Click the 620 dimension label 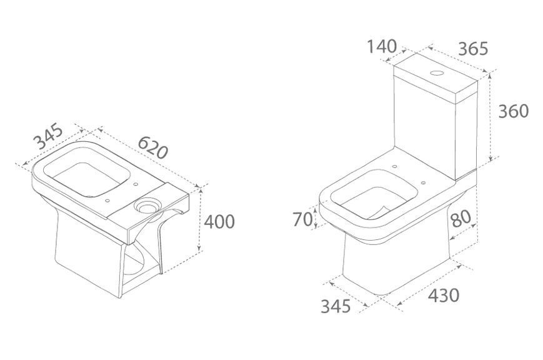tap(153, 147)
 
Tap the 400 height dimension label tap(219, 222)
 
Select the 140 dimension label tap(382, 47)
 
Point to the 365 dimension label tap(473, 49)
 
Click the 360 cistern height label tap(514, 111)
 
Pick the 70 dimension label tap(303, 219)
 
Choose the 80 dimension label tap(461, 219)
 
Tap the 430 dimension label tap(444, 296)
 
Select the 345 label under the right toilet tap(336, 306)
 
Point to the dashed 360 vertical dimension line tap(490, 117)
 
